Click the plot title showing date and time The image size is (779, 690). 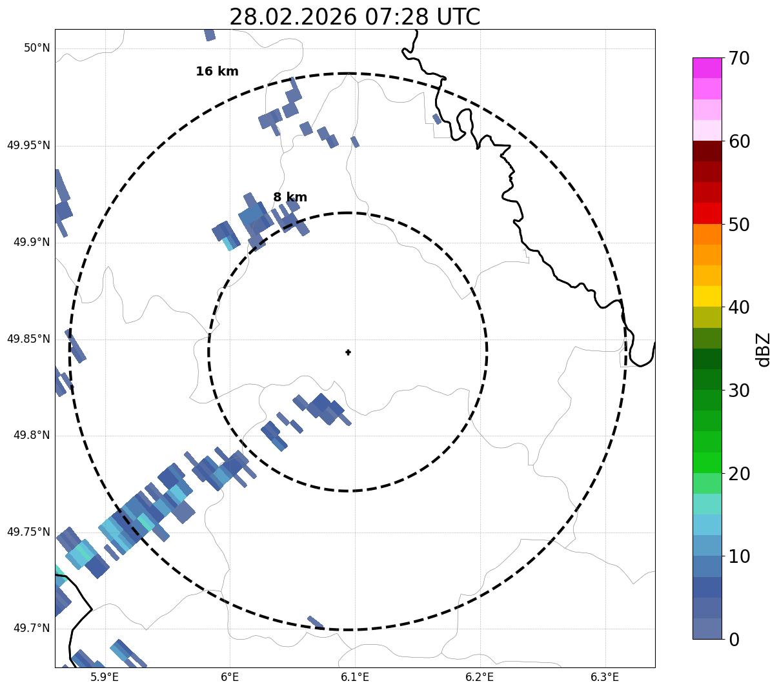(x=354, y=17)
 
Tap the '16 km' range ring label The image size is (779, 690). (x=217, y=72)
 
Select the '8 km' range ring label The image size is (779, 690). (x=290, y=198)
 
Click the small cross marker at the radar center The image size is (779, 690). (x=349, y=352)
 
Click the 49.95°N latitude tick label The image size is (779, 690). (x=28, y=145)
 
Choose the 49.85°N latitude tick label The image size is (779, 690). (x=28, y=339)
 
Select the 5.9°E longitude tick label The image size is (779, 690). (x=105, y=677)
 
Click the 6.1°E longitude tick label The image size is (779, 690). (x=355, y=677)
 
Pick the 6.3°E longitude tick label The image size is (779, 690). (x=605, y=677)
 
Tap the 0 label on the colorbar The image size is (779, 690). (x=734, y=640)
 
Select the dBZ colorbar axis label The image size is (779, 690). (x=764, y=349)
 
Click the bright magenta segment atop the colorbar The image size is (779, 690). (x=707, y=68)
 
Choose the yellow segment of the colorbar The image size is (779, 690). (x=707, y=296)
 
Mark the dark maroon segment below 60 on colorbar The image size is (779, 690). (x=707, y=151)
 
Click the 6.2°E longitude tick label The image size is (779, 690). (x=480, y=677)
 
